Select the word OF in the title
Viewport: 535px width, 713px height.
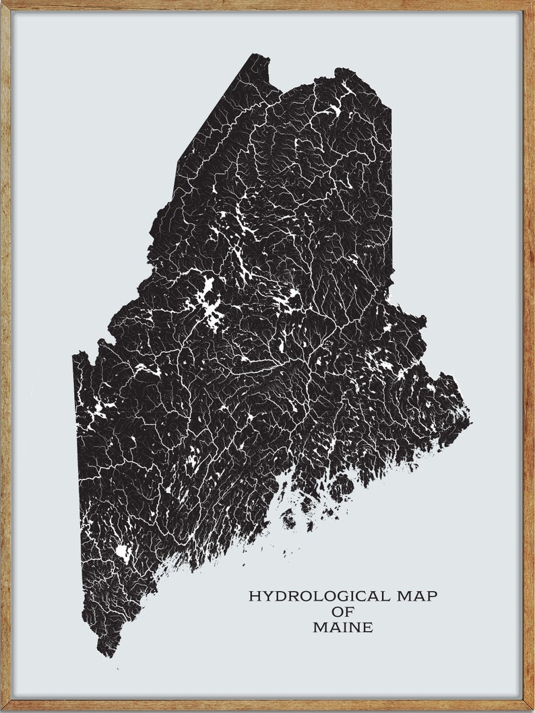(342, 612)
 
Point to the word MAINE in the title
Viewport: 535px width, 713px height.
(342, 627)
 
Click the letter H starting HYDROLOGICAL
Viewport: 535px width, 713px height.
(254, 597)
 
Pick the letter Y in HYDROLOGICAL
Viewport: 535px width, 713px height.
(266, 597)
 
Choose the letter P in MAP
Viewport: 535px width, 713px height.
(431, 597)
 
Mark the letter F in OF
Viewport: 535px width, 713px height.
(348, 612)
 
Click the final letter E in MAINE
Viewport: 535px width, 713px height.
(367, 627)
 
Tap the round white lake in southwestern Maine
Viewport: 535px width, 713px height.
(123, 553)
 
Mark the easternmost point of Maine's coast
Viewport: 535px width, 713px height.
(470, 423)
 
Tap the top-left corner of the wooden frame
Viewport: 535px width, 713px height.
(3, 3)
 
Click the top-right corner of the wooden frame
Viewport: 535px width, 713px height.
(532, 3)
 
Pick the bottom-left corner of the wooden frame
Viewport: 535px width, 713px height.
(3, 710)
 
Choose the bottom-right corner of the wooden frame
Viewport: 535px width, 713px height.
(532, 710)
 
